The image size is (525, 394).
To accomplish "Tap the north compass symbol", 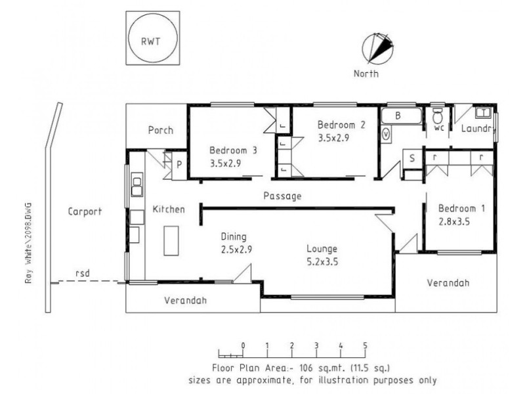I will (x=377, y=49).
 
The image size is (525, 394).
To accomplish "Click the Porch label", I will (x=160, y=130).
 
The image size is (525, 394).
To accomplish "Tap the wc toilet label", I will (x=438, y=129).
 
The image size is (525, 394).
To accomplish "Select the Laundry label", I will (x=476, y=129).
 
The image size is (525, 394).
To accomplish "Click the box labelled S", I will (x=412, y=158).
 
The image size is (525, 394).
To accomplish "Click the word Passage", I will (x=282, y=196).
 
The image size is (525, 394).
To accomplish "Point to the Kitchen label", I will (x=169, y=209).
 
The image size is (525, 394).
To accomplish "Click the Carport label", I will (x=85, y=211).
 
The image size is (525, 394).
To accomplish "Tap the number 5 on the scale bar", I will (x=365, y=345).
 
